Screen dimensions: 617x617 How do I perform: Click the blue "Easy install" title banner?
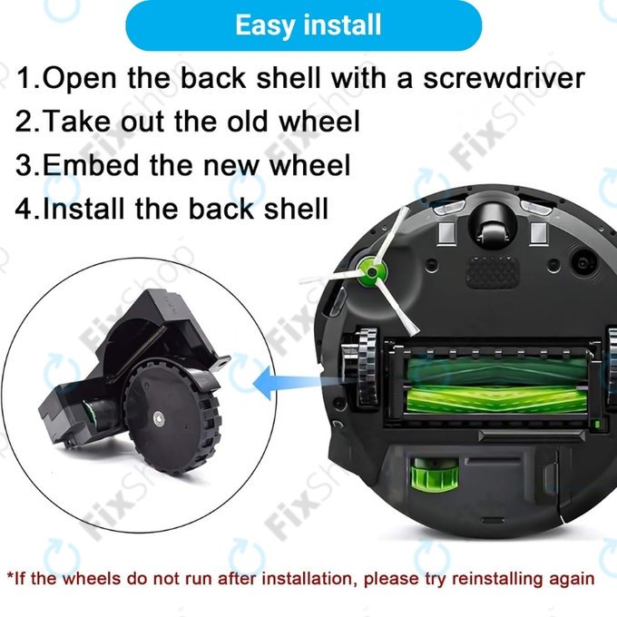[308, 25]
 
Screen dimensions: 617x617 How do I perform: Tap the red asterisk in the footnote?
[10, 576]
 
